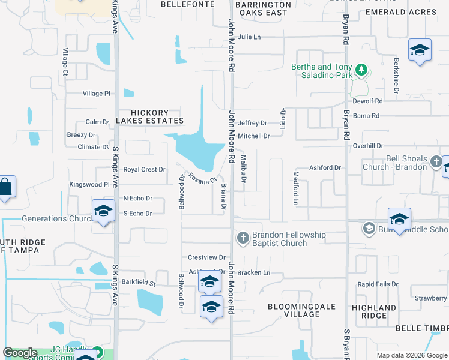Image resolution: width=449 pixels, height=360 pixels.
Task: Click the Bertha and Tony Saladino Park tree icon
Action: coord(361,70)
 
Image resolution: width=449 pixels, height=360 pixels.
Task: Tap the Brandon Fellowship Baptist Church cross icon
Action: coord(243,239)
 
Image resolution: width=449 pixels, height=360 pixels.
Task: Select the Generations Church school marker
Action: coord(103,212)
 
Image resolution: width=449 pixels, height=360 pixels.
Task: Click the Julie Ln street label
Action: coord(249,37)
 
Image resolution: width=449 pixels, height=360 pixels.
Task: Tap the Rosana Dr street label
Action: coord(202,178)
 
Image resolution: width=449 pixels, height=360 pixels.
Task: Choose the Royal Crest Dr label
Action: coord(145,170)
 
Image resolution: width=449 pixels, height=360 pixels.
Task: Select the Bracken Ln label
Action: coord(254,273)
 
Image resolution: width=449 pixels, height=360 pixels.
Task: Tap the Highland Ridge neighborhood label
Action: coord(373,312)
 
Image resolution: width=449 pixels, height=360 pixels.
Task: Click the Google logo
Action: coord(20,353)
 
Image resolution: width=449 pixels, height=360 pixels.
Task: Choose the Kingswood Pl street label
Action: coord(89,185)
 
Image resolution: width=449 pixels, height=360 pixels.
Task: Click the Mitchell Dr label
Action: coord(253,136)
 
